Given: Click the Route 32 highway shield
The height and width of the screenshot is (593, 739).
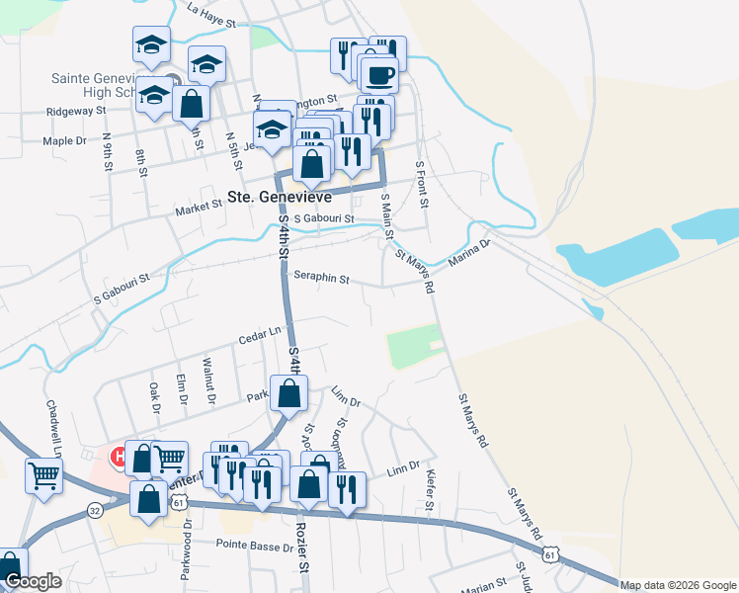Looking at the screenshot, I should (95, 510).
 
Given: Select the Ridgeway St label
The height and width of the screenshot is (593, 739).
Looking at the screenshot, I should (76, 112).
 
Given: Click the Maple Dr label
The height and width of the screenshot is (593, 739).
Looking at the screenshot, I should (64, 141).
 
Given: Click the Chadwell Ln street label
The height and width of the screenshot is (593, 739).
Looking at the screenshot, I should (52, 425).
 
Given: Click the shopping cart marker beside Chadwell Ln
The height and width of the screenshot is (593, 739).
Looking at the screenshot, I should (44, 475).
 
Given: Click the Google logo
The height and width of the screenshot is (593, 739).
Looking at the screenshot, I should (33, 581).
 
